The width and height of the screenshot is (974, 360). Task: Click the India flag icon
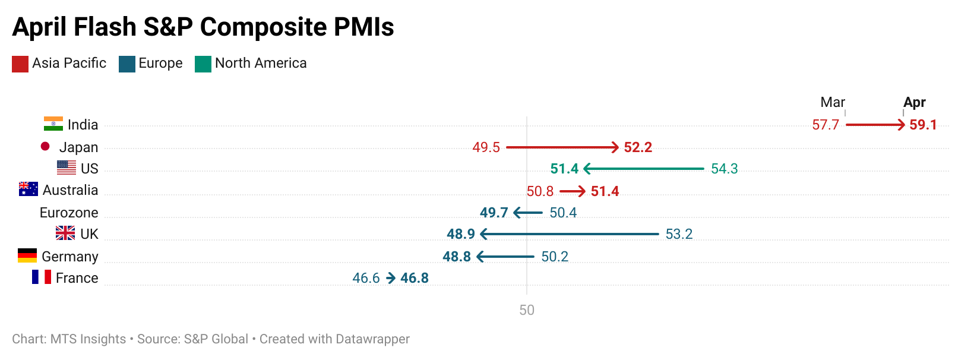[x=53, y=124]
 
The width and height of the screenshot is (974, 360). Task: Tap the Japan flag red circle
[x=45, y=146]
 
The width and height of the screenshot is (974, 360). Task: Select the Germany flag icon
[x=27, y=255]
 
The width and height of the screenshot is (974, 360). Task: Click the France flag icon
[x=42, y=277]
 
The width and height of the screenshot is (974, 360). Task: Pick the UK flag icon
[x=65, y=233]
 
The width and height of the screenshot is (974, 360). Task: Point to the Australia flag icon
[x=29, y=189]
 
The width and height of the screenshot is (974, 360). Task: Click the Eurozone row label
[x=69, y=213]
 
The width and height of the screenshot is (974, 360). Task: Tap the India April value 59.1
[x=923, y=125]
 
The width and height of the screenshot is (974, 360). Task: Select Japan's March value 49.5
[x=486, y=147]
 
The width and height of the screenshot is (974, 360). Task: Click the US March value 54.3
[x=725, y=169]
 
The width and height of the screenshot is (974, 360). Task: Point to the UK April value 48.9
[x=461, y=234]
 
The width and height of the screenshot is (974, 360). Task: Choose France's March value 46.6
[x=366, y=278]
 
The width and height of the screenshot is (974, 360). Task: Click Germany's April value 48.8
[x=457, y=257]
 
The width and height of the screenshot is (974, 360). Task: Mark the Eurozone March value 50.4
[x=563, y=213]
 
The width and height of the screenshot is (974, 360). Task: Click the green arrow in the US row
[x=644, y=169]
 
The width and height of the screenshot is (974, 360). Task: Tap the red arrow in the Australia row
[x=573, y=191]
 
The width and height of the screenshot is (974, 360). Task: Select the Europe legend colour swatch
[x=127, y=64]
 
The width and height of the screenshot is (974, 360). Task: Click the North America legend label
[x=261, y=63]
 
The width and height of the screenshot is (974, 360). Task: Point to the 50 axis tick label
[x=527, y=310]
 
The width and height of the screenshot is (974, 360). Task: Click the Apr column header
[x=915, y=102]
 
